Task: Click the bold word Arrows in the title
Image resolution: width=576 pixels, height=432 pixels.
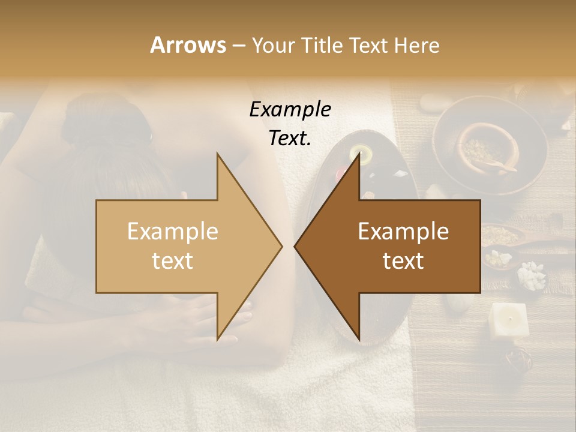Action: [x=188, y=45]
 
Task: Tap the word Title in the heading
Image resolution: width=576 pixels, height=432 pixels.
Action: [x=322, y=45]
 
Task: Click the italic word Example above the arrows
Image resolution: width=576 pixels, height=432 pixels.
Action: [x=290, y=109]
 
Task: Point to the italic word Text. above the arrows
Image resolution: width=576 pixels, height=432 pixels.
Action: [x=290, y=138]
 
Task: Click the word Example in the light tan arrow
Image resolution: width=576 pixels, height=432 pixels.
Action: [x=172, y=231]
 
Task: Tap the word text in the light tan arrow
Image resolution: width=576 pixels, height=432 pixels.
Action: [x=172, y=260]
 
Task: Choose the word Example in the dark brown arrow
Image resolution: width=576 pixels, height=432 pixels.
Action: [x=403, y=231]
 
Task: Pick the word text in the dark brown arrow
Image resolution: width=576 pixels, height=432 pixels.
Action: [x=403, y=260]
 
